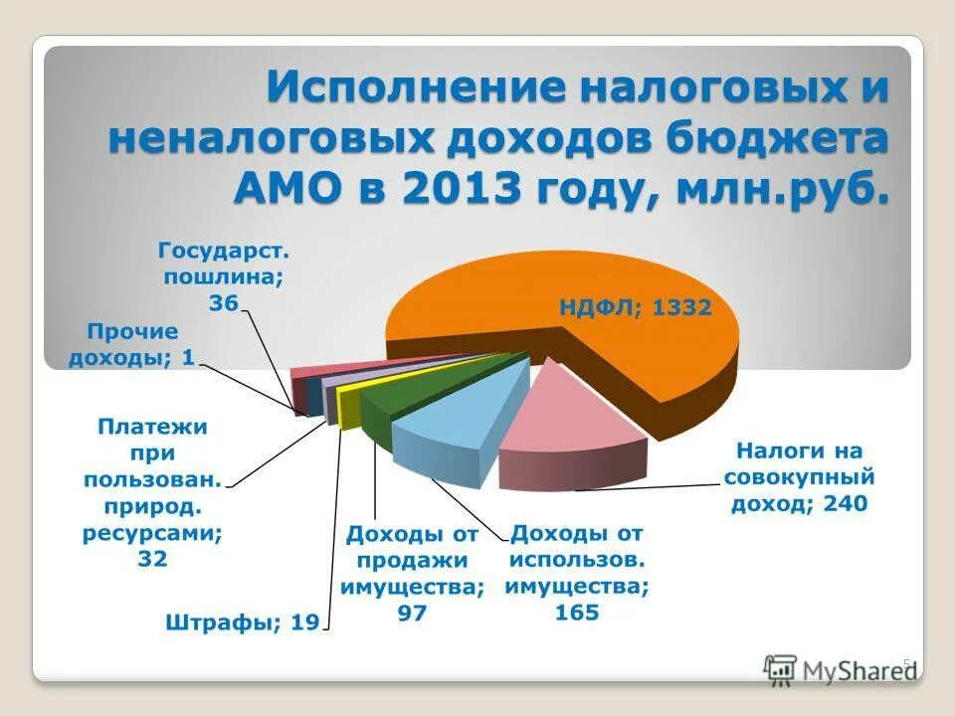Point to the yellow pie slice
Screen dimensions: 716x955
pyautogui.click(x=350, y=403)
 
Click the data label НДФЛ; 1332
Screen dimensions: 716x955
pyautogui.click(x=634, y=307)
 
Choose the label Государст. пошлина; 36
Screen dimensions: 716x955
pyautogui.click(x=224, y=275)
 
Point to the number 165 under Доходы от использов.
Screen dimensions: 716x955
pyautogui.click(x=577, y=613)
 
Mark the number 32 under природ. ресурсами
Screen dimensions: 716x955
pyautogui.click(x=152, y=559)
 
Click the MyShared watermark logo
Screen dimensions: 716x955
pyautogui.click(x=841, y=670)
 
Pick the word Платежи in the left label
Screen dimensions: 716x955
pyautogui.click(x=152, y=427)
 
